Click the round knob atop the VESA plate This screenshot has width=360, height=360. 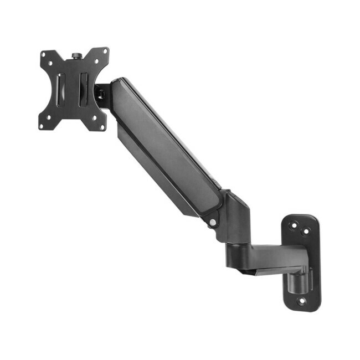(75, 56)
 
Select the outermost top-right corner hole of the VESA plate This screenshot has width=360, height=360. (104, 52)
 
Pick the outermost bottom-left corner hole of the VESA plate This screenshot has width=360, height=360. (42, 126)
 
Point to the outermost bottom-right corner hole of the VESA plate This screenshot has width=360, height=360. (102, 127)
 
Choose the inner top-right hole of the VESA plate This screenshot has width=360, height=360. (95, 61)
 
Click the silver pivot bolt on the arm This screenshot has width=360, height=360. (213, 223)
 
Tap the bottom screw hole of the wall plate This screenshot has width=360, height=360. (302, 301)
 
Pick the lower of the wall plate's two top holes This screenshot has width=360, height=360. (304, 230)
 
